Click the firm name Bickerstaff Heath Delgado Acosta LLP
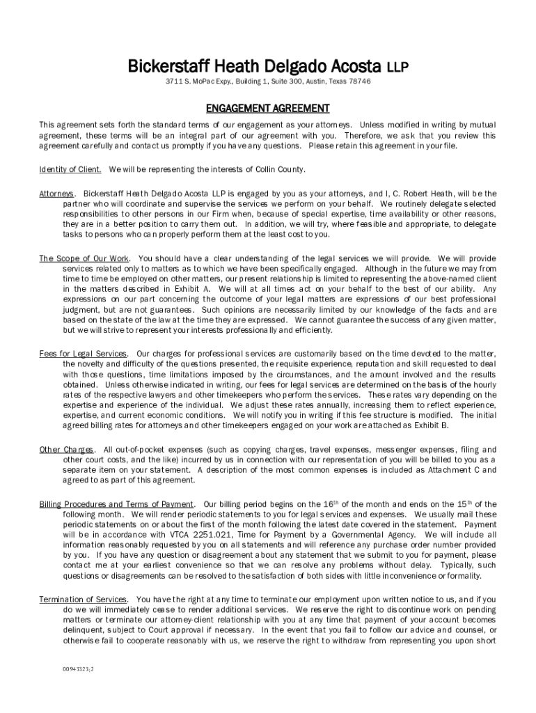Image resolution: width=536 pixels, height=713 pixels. (x=267, y=67)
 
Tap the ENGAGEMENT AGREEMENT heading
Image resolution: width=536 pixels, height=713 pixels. (x=267, y=109)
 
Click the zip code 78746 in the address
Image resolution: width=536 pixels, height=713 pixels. (x=359, y=81)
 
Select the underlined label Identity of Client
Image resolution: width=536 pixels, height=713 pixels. (x=70, y=169)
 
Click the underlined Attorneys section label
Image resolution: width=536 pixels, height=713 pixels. (x=56, y=193)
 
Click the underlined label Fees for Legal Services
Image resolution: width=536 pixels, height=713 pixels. (x=83, y=354)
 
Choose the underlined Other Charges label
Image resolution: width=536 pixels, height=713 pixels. (x=66, y=450)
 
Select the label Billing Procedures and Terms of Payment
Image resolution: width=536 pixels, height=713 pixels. (x=116, y=504)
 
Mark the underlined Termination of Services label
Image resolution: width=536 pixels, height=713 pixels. (x=83, y=600)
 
